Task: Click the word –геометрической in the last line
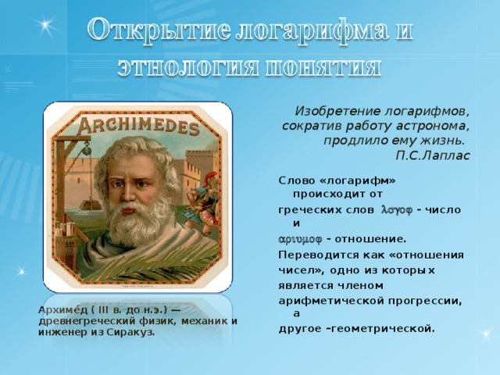pos(384,328)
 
